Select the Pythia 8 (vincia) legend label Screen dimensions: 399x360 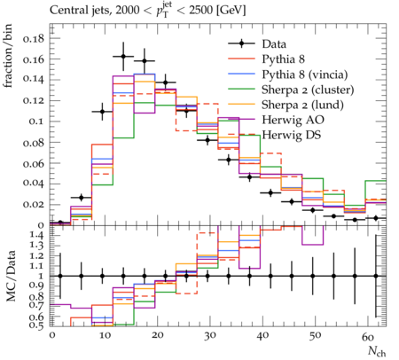pos(305,74)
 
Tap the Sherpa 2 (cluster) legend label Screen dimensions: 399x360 pos(308,90)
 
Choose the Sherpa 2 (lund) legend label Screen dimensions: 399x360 pos(302,105)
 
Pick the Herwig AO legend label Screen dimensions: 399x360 pos(293,120)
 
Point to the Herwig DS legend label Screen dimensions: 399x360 pos(292,135)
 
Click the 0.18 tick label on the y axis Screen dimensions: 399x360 pos(33,38)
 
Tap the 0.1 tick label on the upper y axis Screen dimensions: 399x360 pos(36,121)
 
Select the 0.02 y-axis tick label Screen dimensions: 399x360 pos(33,205)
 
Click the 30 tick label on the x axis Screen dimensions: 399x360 pos(209,336)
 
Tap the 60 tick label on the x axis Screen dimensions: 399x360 pos(368,337)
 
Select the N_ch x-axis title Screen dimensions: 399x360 pos(377,351)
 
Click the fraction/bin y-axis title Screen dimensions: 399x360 pos(8,56)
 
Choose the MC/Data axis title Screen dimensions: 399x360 pos(11,277)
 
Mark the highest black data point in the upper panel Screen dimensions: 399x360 pos(123,57)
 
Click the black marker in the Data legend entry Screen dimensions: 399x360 pos(241,44)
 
